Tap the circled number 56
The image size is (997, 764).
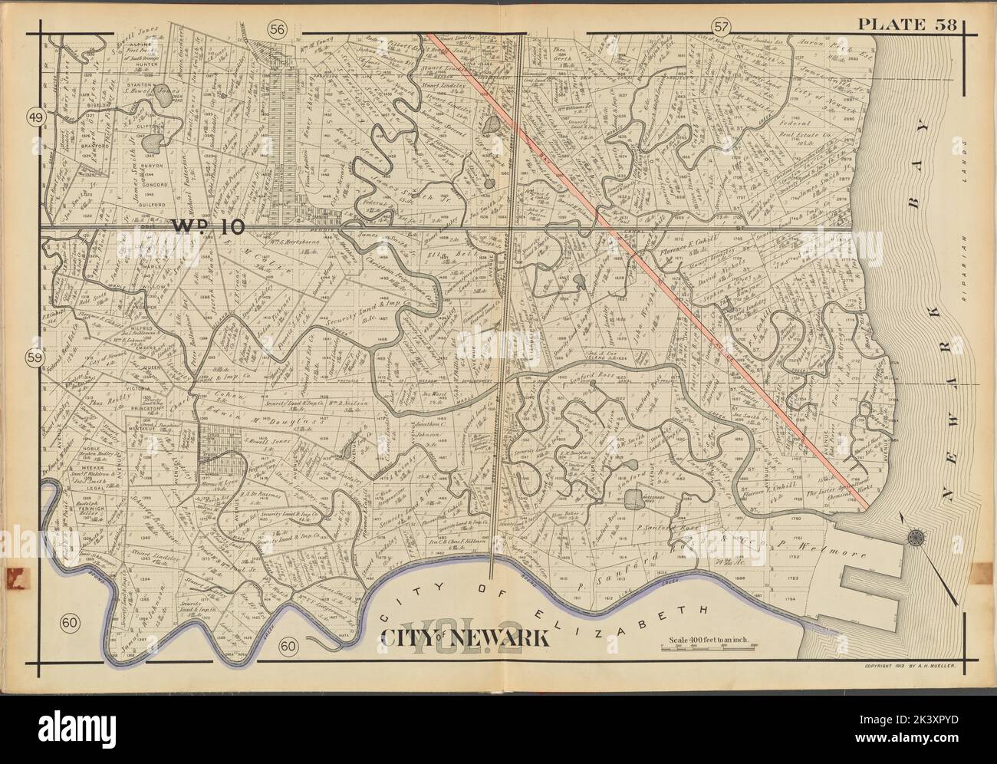pos(276,28)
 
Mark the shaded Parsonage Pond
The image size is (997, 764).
pos(633,501)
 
